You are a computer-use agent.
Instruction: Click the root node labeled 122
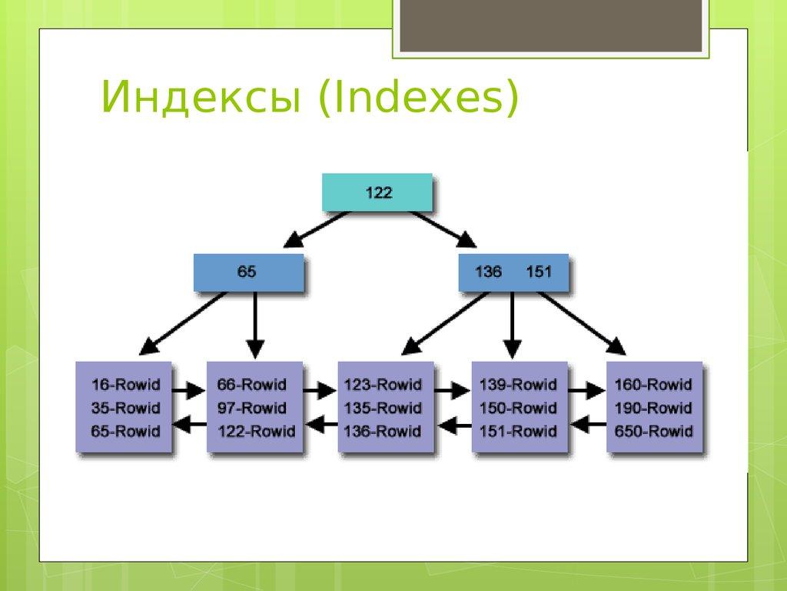(378, 193)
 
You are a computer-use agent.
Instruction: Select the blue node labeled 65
(247, 272)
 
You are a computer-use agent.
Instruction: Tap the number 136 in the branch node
(489, 272)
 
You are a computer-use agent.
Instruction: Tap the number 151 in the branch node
(538, 272)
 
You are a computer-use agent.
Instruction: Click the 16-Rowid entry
(125, 385)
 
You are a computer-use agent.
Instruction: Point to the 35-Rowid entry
(125, 408)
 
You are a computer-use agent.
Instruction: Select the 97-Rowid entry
(251, 408)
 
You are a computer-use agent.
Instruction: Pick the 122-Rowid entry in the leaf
(256, 431)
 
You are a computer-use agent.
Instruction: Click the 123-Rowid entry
(383, 385)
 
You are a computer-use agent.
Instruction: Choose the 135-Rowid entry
(383, 408)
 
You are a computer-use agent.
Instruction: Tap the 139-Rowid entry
(518, 385)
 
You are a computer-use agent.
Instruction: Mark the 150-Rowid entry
(518, 408)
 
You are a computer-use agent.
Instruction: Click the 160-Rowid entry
(653, 385)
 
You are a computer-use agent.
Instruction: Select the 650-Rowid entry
(653, 431)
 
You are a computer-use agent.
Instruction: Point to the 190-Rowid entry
(653, 408)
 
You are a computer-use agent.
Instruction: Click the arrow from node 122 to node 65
(317, 229)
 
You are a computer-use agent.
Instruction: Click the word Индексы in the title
(200, 100)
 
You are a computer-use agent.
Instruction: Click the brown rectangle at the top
(549, 25)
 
